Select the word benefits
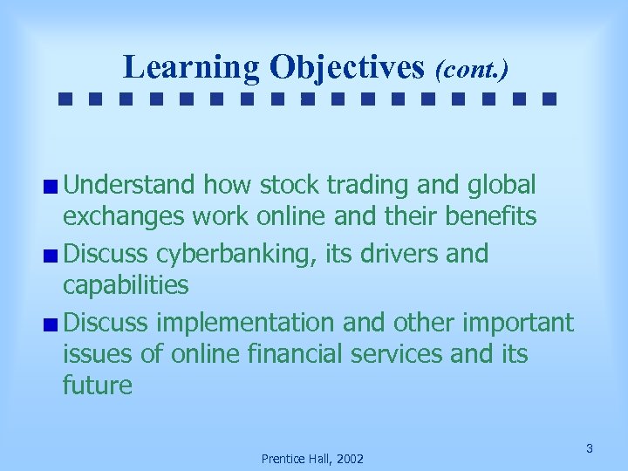485,216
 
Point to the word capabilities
126,285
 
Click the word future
98,386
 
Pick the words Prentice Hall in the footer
293,458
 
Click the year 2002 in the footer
348,458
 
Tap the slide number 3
590,448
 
